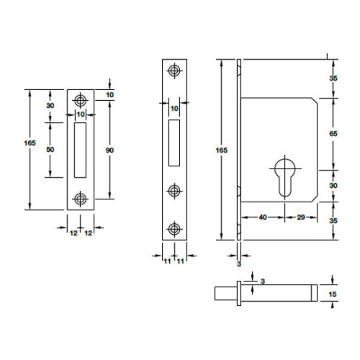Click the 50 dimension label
point(50,148)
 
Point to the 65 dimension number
point(333,135)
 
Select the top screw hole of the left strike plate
point(80,99)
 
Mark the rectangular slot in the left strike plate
point(80,148)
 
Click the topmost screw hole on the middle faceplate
point(173,71)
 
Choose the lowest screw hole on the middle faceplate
point(173,229)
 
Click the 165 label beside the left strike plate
point(30,144)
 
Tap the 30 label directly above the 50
point(50,105)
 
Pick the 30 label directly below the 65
point(333,185)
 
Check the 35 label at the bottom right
point(333,222)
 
